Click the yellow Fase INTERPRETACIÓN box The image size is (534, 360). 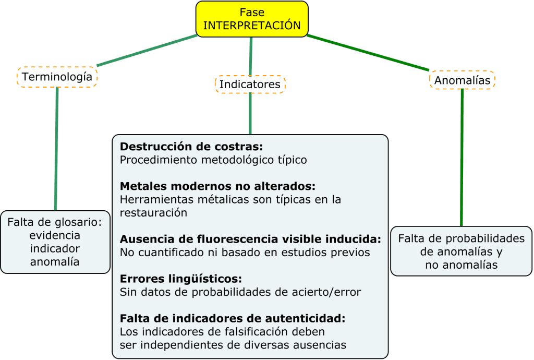click(x=252, y=18)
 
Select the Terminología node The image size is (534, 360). click(x=57, y=77)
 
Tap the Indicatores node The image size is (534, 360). click(x=250, y=84)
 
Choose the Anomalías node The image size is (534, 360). click(x=462, y=80)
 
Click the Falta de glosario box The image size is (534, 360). click(x=55, y=242)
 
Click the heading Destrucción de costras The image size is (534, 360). click(x=191, y=146)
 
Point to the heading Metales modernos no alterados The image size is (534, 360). click(x=218, y=186)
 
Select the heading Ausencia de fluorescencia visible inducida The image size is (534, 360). click(x=250, y=239)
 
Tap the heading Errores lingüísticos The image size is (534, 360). click(x=181, y=279)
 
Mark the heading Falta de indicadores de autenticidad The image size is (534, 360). click(x=233, y=318)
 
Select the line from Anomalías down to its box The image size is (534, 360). click(x=462, y=157)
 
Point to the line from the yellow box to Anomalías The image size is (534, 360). click(x=368, y=52)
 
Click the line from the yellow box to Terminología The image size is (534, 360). click(x=148, y=51)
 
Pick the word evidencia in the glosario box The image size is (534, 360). click(x=55, y=235)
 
